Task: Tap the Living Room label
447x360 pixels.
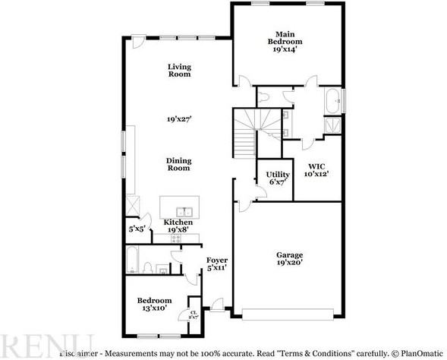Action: point(179,71)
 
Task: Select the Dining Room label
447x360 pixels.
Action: point(179,164)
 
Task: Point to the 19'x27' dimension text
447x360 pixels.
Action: point(179,119)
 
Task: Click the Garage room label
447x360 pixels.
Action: point(289,257)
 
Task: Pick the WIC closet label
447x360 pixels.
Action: point(317,169)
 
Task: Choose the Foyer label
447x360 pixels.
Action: point(217,264)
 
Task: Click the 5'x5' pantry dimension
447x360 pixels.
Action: point(137,228)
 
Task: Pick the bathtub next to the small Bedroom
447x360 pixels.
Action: point(132,261)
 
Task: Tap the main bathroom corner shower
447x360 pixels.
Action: point(332,126)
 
